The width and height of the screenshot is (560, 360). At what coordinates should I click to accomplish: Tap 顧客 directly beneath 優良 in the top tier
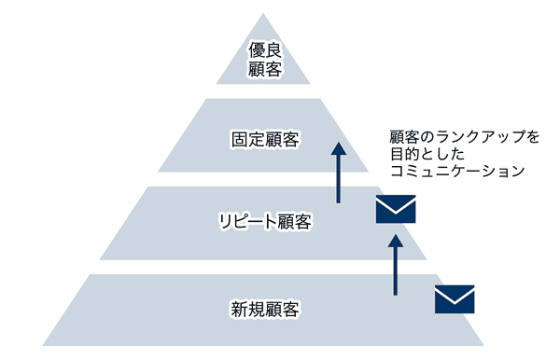coord(265,70)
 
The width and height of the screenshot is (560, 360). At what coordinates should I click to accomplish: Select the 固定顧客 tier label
coord(265,139)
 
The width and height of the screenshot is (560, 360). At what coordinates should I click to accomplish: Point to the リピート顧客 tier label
coord(265,223)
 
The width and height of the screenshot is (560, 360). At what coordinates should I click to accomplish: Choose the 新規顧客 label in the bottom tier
coord(265,307)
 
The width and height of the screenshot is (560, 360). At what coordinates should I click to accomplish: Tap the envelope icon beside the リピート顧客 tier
coord(395,210)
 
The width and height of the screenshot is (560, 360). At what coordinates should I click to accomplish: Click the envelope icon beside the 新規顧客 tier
coord(455,299)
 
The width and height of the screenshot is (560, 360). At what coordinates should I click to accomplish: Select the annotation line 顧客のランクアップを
coord(464,136)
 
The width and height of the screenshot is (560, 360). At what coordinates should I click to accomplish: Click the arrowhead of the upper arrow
coord(339,149)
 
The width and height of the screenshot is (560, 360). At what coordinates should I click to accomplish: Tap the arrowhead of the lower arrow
coord(395,237)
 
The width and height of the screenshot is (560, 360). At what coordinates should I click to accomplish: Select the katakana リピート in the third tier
coord(245,223)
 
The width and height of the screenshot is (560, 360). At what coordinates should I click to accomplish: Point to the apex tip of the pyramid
coord(265,15)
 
